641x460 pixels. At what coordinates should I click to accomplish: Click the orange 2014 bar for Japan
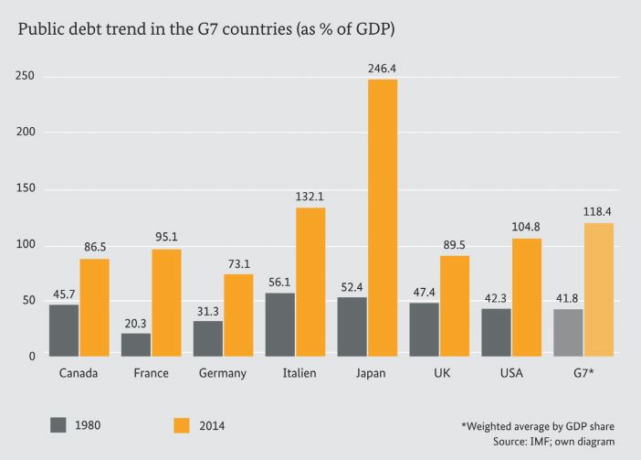click(382, 217)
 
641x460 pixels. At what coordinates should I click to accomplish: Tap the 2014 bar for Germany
click(237, 314)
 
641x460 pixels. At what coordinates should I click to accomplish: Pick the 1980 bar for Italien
click(280, 324)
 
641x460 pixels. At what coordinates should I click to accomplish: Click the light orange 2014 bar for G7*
click(599, 288)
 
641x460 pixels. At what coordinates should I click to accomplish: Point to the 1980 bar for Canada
click(63, 329)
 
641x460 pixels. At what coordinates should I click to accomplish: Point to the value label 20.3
click(135, 322)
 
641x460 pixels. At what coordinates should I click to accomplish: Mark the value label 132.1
click(310, 197)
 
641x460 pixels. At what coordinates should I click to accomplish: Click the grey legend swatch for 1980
click(59, 424)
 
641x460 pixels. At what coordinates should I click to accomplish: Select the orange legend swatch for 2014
click(181, 424)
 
